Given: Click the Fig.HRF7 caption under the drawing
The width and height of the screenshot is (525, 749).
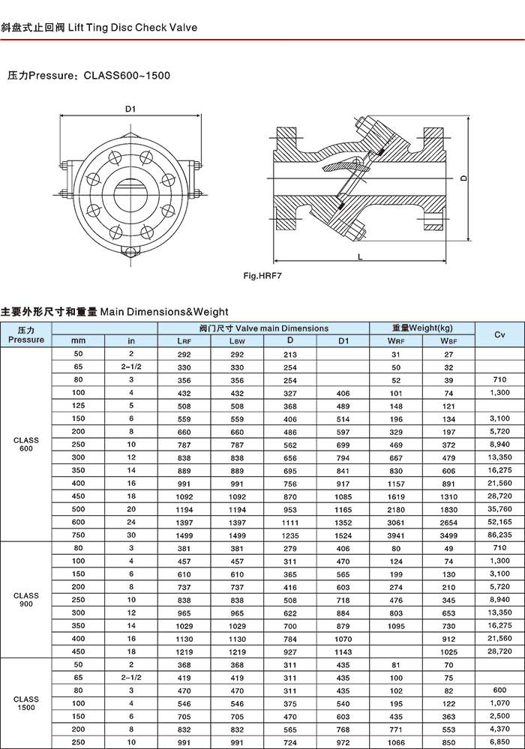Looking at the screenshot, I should tap(262, 276).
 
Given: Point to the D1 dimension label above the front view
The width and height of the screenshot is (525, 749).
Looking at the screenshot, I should tap(130, 109).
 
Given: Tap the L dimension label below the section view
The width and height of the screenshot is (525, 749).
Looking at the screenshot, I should tap(360, 258).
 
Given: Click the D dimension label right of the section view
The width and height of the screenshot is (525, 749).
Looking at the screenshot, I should tap(464, 178).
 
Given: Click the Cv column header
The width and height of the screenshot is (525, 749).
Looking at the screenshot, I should tap(499, 334).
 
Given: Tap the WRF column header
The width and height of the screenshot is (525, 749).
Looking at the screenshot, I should tap(396, 341).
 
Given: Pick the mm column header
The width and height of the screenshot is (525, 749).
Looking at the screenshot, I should tap(78, 341).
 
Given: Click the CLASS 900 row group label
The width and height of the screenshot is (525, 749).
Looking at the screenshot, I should tap(26, 600).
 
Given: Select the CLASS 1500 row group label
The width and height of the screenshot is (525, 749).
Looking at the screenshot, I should tap(26, 703).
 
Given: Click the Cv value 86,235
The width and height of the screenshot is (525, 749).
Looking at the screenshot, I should tap(499, 535).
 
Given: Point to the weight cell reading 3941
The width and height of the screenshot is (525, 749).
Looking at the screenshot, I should tap(396, 535).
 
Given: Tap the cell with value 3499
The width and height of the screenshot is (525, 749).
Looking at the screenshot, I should tap(448, 535).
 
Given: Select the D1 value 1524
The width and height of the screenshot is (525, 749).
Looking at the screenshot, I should tap(343, 535).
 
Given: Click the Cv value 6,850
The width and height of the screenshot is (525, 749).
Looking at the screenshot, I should tap(499, 742).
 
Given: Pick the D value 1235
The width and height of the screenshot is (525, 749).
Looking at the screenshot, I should tap(290, 535).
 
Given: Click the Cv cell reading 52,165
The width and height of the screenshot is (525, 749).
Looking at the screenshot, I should tap(499, 523).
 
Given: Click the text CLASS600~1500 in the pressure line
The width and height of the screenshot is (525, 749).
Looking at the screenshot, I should tap(127, 76).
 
